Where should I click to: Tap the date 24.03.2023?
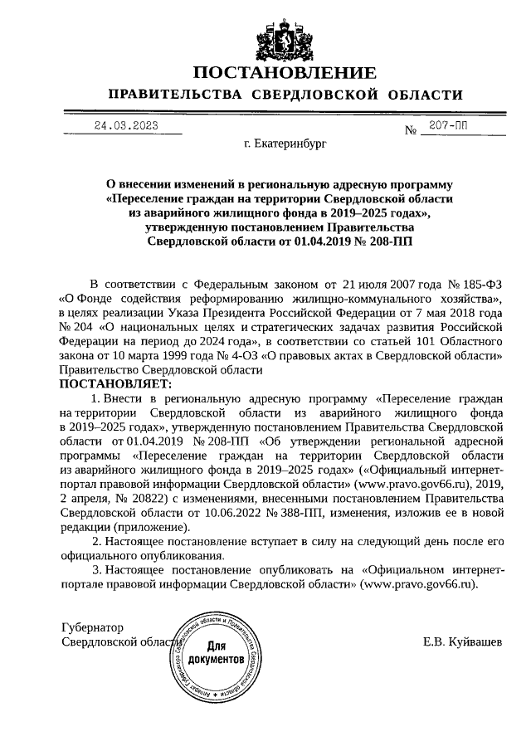125,127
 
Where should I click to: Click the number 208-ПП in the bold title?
389,241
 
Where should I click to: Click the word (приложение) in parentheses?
149,528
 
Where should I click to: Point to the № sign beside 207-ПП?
410,131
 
